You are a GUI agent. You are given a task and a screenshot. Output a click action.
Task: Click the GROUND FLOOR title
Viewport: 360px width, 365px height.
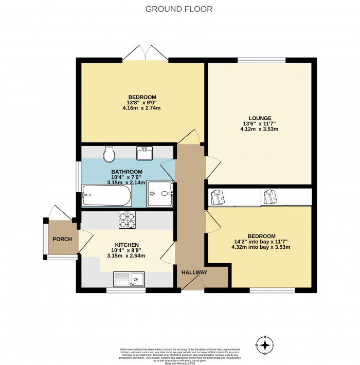(x=179, y=9)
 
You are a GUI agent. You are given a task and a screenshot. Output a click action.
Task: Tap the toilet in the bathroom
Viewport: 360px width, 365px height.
(x=109, y=153)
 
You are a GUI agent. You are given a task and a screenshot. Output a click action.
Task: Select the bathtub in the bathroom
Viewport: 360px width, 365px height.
(x=106, y=195)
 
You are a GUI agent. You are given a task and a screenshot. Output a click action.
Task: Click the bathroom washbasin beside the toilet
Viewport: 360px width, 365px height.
(x=144, y=153)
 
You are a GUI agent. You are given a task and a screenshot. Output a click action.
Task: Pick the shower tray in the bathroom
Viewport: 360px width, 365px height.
(x=159, y=195)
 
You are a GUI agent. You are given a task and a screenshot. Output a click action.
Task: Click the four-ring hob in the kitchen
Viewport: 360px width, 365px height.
(x=127, y=220)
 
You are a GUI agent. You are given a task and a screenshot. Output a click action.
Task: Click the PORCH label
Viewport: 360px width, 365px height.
(x=62, y=239)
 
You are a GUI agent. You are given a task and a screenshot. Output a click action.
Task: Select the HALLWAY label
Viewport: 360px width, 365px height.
(x=194, y=272)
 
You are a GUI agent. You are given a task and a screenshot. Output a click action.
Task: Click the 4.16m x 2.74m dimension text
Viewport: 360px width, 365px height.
(x=141, y=108)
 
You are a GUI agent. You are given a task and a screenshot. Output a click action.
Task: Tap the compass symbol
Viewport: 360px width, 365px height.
(x=265, y=345)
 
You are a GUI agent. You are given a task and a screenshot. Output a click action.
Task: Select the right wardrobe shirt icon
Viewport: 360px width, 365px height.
(x=269, y=197)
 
